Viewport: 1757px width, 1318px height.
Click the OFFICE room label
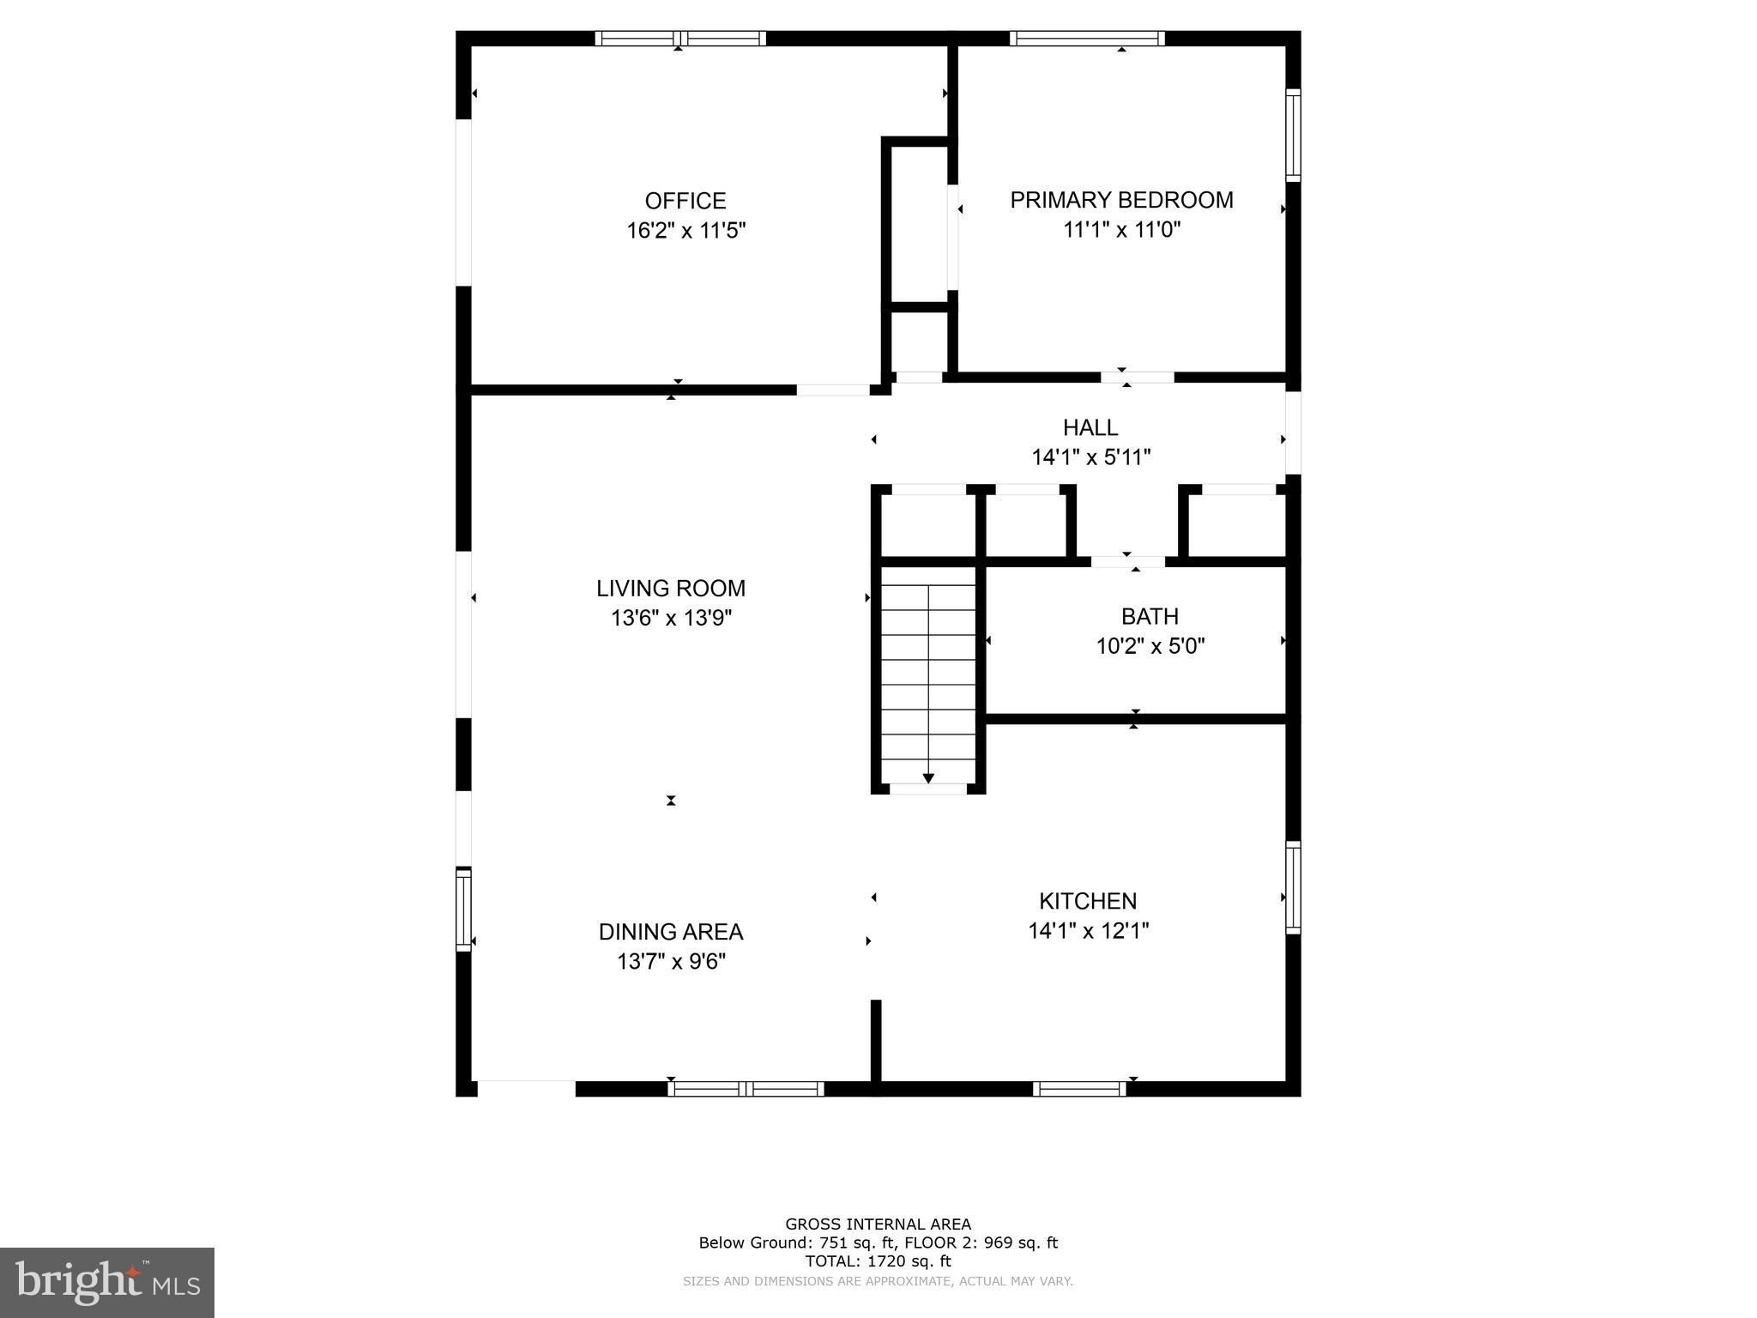coord(685,201)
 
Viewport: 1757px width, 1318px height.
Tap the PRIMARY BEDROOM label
coord(1121,200)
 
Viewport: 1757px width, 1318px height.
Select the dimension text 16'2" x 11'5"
coord(685,231)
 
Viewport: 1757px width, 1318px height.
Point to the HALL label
coord(1090,427)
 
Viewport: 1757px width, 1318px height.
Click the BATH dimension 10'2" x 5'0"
coord(1150,646)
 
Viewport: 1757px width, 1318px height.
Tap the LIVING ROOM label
coord(670,589)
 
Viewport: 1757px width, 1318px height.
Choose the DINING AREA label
coord(670,932)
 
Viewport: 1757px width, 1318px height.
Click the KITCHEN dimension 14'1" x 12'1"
coord(1088,931)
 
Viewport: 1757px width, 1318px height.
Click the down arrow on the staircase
coord(928,777)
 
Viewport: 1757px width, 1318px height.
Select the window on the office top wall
coord(679,38)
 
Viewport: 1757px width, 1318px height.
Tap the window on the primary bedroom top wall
coord(1087,38)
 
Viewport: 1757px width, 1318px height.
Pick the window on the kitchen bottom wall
coord(1079,1089)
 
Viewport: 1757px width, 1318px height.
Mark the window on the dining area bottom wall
coord(746,1089)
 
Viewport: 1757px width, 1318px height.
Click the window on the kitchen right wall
coord(1293,887)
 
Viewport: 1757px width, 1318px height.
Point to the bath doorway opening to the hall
coord(1127,562)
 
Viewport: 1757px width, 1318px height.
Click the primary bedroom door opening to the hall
coord(1138,377)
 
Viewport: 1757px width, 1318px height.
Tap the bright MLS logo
coord(107,1282)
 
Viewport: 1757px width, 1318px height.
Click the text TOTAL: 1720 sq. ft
coord(878,1261)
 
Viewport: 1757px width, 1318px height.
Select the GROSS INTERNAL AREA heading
coord(878,1224)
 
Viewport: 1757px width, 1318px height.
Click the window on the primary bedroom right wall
coord(1293,135)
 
